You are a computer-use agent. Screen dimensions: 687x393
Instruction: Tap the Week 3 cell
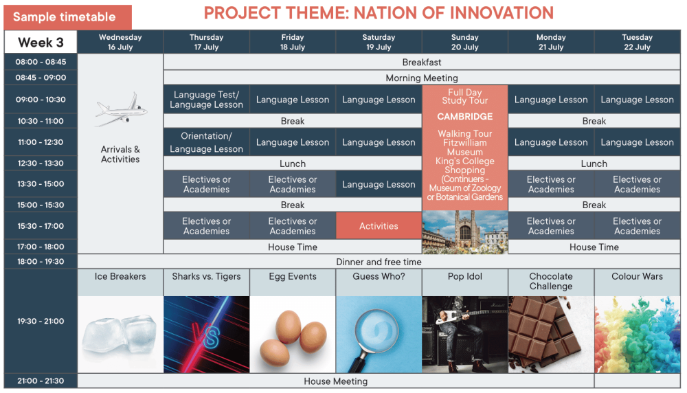click(x=41, y=42)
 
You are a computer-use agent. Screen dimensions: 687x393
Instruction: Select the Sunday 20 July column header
click(x=465, y=42)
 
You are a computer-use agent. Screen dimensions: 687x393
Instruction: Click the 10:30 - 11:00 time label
click(x=41, y=121)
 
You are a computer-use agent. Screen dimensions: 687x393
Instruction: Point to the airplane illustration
click(x=122, y=109)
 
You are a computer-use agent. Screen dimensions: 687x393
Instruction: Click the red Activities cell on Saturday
click(x=379, y=225)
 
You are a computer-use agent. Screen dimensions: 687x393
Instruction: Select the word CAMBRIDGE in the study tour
click(x=465, y=117)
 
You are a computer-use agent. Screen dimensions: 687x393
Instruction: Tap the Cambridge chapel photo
click(x=465, y=232)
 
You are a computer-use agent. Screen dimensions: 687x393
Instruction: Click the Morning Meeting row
click(x=422, y=78)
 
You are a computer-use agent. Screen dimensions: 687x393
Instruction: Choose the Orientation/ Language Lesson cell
click(x=206, y=142)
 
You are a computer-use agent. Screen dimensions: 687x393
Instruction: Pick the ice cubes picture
click(x=120, y=335)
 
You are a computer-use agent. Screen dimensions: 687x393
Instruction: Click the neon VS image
click(x=206, y=335)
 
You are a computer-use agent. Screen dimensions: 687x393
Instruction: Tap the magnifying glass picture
click(x=379, y=335)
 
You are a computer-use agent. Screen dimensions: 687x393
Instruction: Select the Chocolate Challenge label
click(x=551, y=281)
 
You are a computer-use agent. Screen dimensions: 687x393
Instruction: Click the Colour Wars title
click(x=637, y=276)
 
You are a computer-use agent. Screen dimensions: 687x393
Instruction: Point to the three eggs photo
click(x=293, y=335)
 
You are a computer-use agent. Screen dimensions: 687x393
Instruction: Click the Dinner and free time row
click(x=379, y=262)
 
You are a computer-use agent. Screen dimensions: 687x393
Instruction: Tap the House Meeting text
click(x=336, y=381)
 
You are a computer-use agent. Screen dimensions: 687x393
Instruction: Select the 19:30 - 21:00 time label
click(x=41, y=321)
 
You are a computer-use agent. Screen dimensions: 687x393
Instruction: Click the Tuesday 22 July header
click(x=637, y=42)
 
